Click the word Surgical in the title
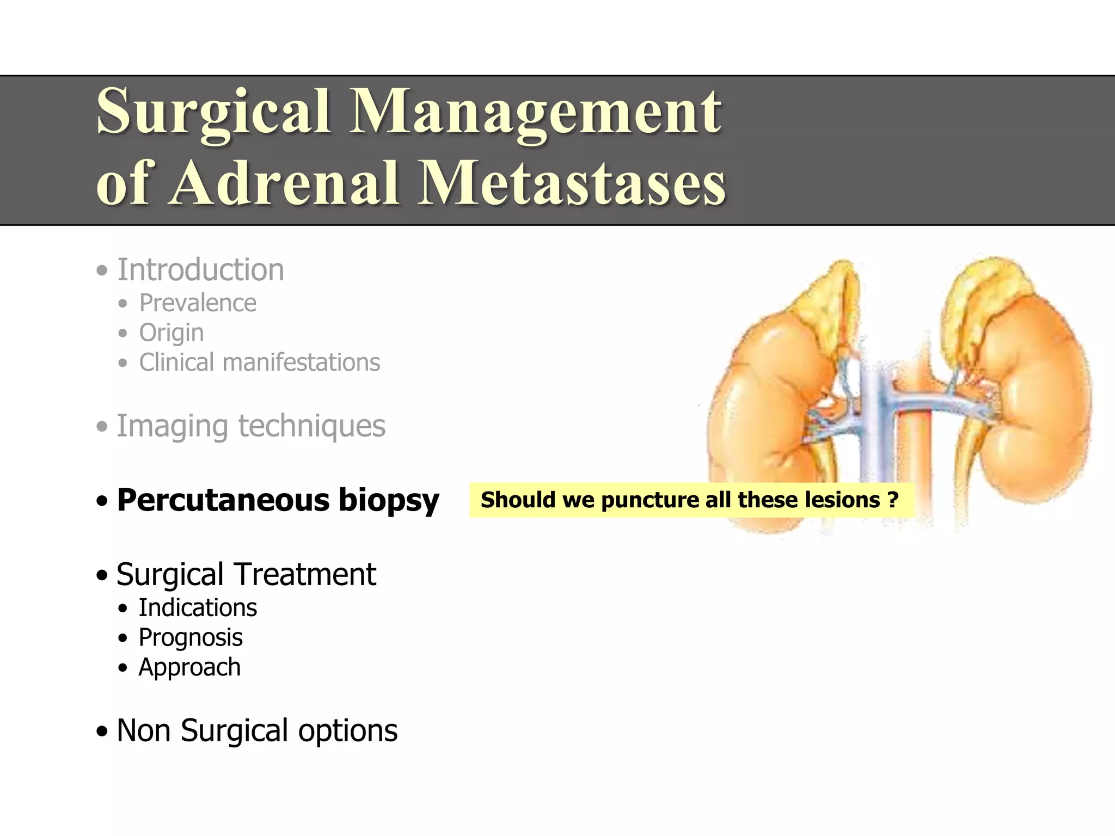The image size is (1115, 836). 213,112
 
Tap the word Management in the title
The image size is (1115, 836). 536,112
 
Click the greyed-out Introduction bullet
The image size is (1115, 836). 200,270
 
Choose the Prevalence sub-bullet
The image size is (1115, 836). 197,303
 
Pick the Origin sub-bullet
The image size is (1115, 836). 171,333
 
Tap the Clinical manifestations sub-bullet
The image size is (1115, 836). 259,362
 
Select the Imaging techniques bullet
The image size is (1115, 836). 250,426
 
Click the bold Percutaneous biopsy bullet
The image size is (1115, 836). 278,500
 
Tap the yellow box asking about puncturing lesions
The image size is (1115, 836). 690,500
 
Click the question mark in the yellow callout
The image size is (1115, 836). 893,500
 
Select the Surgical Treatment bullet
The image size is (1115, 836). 246,575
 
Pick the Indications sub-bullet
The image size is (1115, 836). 197,608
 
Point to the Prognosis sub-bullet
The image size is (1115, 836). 191,638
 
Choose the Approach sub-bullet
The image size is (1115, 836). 189,667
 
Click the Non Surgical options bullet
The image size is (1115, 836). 257,731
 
